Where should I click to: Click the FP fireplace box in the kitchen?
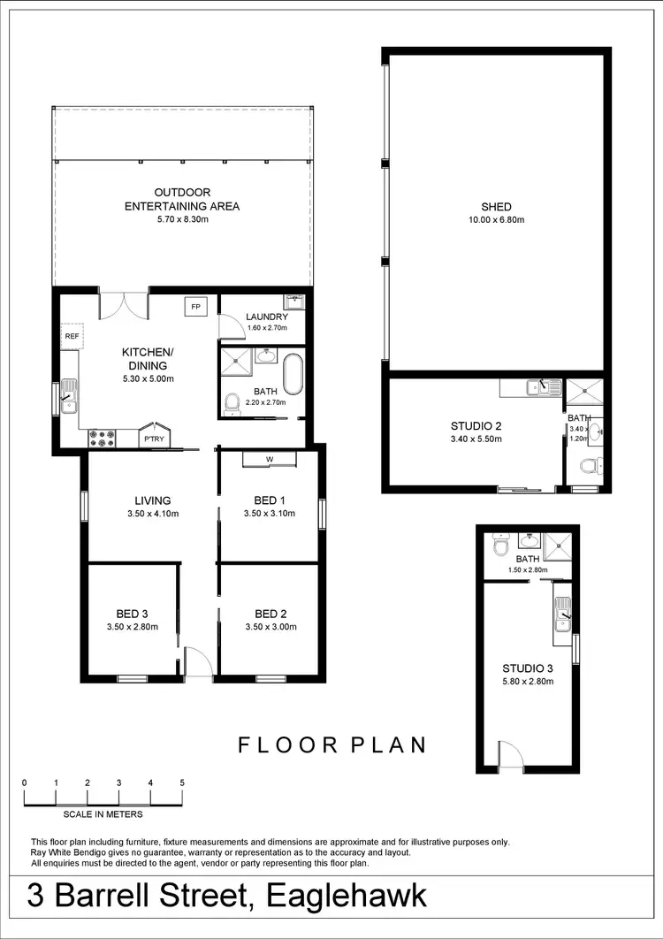[195, 306]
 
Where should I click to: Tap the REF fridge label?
[72, 336]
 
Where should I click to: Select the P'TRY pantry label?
[153, 439]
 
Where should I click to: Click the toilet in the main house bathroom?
[232, 404]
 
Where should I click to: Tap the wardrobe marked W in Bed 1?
[270, 458]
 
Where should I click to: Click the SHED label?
[498, 207]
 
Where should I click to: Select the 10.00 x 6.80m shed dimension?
[498, 219]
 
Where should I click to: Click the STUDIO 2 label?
[476, 425]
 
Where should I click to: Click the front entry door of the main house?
[199, 663]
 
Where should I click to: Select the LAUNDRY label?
[267, 317]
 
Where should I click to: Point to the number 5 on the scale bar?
[182, 782]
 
